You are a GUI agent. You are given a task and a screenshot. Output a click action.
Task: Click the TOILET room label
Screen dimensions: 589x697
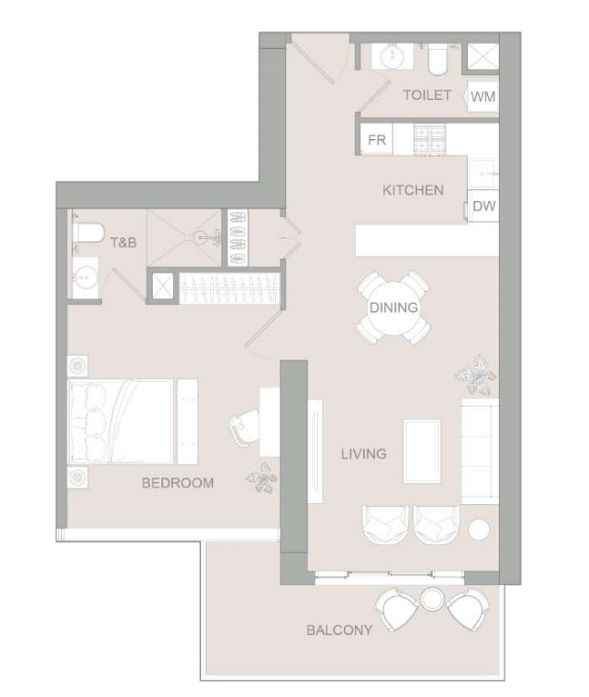coord(427,95)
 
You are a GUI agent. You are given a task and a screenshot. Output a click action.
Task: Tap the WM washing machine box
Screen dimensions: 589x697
coord(482,96)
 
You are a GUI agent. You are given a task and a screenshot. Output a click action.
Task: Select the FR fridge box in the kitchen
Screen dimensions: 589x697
coord(376,140)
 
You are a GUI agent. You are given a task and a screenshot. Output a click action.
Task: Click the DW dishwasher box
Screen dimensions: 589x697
coord(483,206)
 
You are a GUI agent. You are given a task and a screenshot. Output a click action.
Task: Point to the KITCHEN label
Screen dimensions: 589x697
coord(413,190)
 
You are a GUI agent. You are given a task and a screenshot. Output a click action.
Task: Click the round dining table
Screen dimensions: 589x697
coord(394,307)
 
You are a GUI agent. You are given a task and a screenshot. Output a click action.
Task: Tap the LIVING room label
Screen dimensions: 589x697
coord(364,454)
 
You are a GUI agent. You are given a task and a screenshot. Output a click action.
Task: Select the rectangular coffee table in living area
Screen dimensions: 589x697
coord(422,451)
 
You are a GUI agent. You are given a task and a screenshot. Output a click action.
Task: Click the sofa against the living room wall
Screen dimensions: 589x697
coord(480,451)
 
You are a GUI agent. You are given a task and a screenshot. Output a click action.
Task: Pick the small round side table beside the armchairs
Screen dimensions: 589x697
coord(480,529)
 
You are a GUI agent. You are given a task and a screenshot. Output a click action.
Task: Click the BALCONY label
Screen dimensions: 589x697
coord(339,630)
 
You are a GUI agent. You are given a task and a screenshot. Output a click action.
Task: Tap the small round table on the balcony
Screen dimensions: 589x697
coord(432,599)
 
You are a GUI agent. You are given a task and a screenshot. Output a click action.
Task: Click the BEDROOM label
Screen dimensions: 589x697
coord(178,483)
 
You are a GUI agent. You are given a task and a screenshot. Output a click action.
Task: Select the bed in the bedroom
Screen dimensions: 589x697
coord(120,422)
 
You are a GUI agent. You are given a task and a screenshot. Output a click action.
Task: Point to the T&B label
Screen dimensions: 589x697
coord(123,243)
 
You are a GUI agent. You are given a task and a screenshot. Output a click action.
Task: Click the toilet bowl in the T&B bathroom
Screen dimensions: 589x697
coord(88,233)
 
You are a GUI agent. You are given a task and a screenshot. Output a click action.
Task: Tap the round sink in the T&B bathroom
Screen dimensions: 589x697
coord(85,277)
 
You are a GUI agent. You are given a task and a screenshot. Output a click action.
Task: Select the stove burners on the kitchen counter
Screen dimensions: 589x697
coord(430,140)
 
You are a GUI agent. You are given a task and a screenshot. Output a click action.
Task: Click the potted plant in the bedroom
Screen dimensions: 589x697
coord(262,478)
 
